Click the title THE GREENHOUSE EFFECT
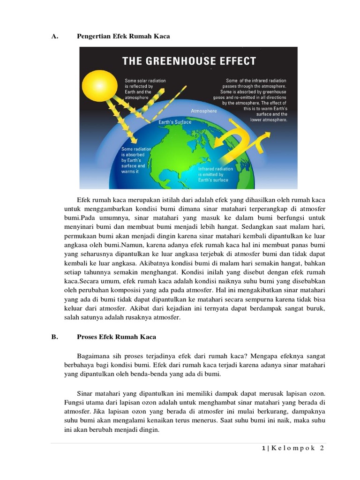[x=189, y=61]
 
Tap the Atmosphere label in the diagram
[x=204, y=111]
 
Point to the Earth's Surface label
[x=175, y=122]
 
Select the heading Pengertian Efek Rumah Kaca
[x=123, y=36]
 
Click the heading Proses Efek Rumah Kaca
[x=116, y=337]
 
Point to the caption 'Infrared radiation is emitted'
[x=213, y=174]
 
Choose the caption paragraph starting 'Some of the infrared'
[x=255, y=100]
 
